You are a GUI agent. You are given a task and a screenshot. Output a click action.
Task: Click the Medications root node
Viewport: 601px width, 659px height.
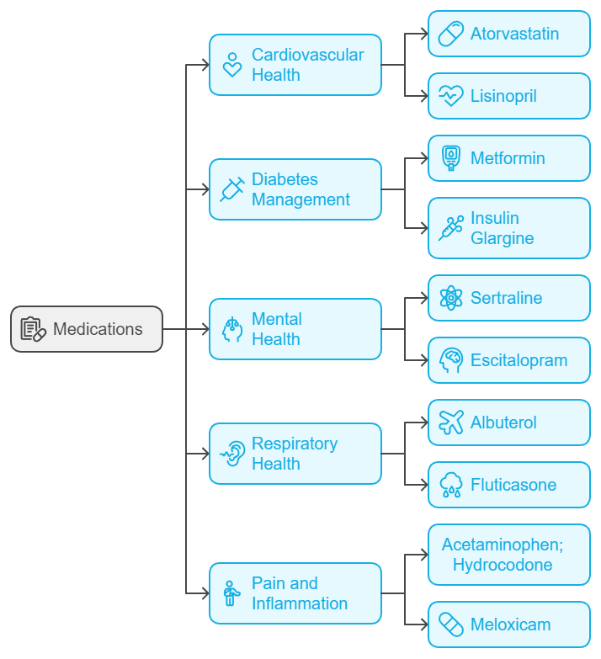tap(87, 329)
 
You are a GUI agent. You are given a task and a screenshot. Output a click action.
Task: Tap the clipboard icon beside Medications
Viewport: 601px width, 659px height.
tap(33, 329)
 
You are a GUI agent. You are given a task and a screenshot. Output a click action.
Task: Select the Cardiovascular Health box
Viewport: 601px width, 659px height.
tap(295, 65)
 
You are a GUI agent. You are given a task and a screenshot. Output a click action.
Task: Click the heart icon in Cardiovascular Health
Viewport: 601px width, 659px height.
tap(232, 65)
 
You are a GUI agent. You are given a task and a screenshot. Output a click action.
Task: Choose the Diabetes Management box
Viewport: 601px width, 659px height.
tap(295, 189)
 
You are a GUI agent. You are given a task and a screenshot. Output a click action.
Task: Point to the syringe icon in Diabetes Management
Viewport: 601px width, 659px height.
tap(232, 189)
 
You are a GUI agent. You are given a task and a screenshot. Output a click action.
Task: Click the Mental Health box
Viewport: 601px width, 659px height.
tap(295, 329)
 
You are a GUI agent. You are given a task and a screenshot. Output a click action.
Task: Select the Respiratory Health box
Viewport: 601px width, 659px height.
tap(295, 454)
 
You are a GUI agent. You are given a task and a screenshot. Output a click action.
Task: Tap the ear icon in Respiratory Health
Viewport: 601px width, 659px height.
tap(232, 454)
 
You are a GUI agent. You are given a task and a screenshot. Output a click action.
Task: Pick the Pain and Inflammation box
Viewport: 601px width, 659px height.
tap(295, 593)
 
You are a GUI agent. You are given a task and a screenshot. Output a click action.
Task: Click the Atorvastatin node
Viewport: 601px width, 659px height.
tap(509, 35)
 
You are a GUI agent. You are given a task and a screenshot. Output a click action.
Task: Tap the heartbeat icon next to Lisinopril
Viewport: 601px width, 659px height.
tap(451, 96)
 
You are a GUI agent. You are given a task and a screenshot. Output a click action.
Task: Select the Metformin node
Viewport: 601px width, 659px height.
tap(509, 158)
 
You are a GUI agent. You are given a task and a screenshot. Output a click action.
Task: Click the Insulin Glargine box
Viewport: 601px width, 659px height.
tap(509, 228)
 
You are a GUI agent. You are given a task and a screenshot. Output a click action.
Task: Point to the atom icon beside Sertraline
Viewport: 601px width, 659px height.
tap(451, 298)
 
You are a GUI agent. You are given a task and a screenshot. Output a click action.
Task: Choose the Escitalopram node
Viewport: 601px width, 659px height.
tap(509, 360)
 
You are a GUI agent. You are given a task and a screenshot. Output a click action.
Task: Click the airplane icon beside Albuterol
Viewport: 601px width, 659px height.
tap(451, 423)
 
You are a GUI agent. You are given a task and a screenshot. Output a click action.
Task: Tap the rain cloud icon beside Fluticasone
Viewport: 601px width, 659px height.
tap(451, 485)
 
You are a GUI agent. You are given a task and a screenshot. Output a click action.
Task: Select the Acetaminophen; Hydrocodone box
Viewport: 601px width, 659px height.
tap(509, 555)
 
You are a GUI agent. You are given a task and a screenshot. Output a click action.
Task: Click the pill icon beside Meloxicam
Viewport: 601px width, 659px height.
tap(451, 624)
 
